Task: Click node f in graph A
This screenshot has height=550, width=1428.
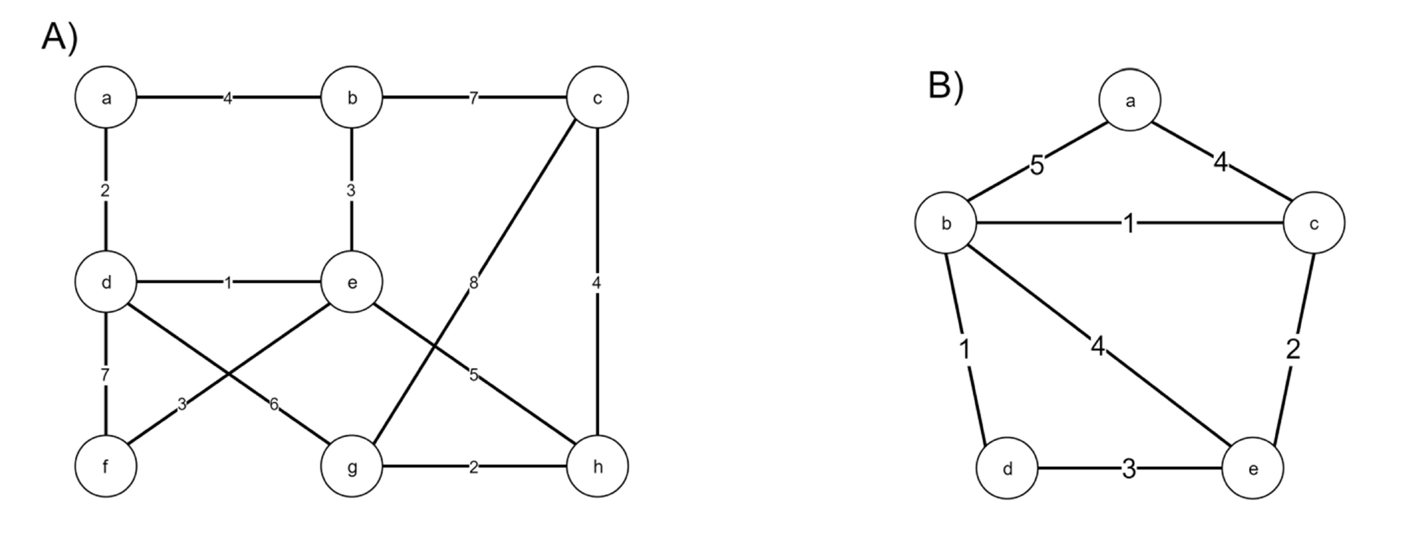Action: click(x=106, y=466)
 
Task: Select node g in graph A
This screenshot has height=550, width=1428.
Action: click(x=351, y=466)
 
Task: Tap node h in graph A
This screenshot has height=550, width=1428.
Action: click(x=597, y=466)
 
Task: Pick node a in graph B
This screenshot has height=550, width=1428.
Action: click(x=1130, y=101)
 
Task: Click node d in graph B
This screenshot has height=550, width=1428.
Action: click(x=1007, y=469)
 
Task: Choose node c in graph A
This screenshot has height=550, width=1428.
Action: click(x=597, y=98)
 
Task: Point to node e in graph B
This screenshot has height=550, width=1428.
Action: click(x=1252, y=469)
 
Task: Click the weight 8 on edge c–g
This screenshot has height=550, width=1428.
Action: click(x=473, y=283)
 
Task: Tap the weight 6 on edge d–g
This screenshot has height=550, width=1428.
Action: click(x=274, y=404)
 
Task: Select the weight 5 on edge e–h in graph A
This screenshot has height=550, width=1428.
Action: click(x=473, y=374)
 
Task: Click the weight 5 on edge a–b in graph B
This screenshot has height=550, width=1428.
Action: click(x=1037, y=166)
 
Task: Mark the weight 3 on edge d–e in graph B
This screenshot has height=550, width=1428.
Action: click(x=1129, y=469)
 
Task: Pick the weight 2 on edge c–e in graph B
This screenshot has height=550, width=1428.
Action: click(x=1293, y=350)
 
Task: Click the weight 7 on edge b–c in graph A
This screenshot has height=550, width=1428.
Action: click(x=473, y=98)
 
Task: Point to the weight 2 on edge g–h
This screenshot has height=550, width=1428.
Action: click(x=473, y=467)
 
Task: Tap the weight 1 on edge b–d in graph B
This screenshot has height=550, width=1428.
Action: click(x=964, y=350)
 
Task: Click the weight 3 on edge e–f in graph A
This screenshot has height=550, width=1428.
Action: click(x=182, y=404)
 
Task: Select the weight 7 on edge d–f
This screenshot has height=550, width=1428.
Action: click(x=105, y=374)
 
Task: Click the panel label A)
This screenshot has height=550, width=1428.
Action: click(x=60, y=38)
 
